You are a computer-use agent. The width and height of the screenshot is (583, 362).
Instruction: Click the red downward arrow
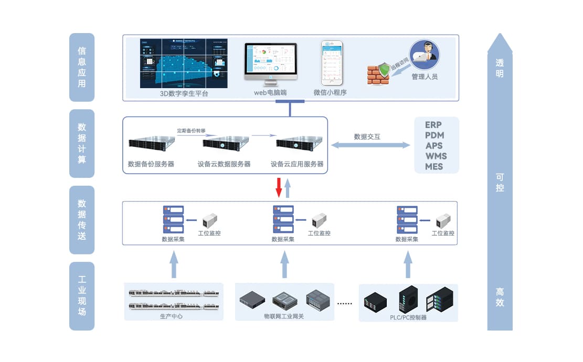pos(279,187)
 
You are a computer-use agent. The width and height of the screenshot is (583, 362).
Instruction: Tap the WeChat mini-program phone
pos(332,63)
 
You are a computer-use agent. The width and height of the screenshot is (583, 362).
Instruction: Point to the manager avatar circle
pos(424,55)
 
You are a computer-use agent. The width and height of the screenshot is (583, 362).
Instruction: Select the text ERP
pos(434,125)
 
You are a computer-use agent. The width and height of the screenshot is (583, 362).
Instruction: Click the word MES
pos(434,167)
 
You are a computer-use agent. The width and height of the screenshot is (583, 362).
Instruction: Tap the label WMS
pos(436,156)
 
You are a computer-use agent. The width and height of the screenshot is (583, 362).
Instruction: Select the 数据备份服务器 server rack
pos(151,143)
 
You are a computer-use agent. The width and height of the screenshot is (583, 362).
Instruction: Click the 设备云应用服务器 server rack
pos(298,144)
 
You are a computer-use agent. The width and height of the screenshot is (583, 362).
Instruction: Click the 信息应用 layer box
pos(82,67)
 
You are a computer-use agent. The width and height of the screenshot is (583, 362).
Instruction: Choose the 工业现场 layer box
pos(82,296)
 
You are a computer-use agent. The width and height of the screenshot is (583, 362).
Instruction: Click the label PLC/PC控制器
pos(408,317)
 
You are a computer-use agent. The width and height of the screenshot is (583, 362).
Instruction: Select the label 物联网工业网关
pos(284,316)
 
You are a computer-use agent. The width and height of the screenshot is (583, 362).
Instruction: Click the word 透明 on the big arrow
pos(500,68)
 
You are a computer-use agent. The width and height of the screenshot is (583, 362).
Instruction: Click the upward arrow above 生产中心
pos(174,264)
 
